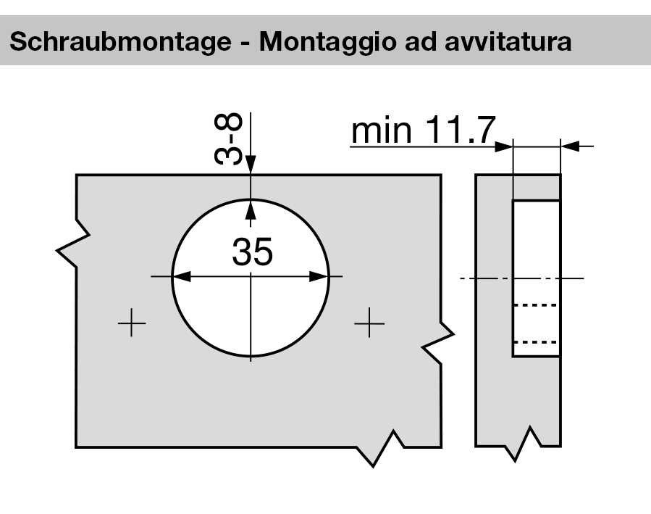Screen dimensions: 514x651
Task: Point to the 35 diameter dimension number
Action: tap(253, 252)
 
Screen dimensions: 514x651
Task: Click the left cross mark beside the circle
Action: tap(131, 323)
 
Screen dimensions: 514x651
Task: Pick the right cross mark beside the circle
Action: tap(369, 323)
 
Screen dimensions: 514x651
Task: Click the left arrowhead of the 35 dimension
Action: tap(180, 276)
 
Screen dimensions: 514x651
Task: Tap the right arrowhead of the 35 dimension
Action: tap(321, 276)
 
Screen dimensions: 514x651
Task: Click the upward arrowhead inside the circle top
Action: tap(251, 210)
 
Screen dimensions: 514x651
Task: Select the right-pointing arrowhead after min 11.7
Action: tap(504, 146)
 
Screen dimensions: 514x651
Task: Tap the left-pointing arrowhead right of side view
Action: tap(570, 146)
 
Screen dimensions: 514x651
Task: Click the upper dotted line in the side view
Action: tap(536, 306)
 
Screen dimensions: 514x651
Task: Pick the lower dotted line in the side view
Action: tap(536, 341)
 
